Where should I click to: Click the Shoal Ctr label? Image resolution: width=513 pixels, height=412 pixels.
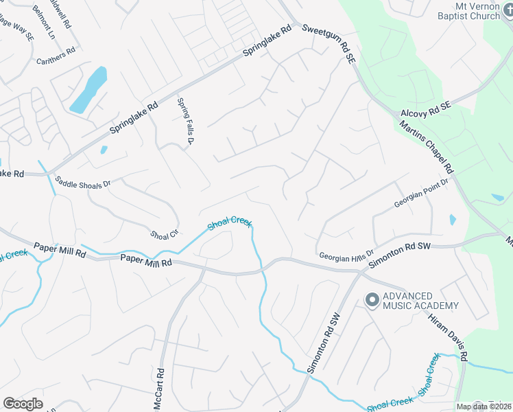tap(165, 234)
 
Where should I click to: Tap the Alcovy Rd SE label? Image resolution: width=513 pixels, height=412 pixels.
tap(425, 107)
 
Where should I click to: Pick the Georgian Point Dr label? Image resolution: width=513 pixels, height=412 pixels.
tap(420, 194)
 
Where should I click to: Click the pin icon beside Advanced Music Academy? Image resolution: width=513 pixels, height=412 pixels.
tap(372, 300)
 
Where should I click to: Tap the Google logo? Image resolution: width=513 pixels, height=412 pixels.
tap(23, 404)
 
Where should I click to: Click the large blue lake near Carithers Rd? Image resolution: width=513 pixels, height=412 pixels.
tap(88, 90)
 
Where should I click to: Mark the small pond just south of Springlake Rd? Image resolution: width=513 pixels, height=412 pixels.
tap(104, 150)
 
